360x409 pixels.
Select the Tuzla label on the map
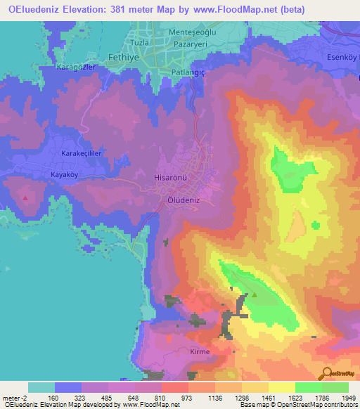click(141, 43)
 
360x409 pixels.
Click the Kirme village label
click(200, 350)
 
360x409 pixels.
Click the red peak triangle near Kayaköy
click(26, 198)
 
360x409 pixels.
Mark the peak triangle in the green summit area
click(254, 295)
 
